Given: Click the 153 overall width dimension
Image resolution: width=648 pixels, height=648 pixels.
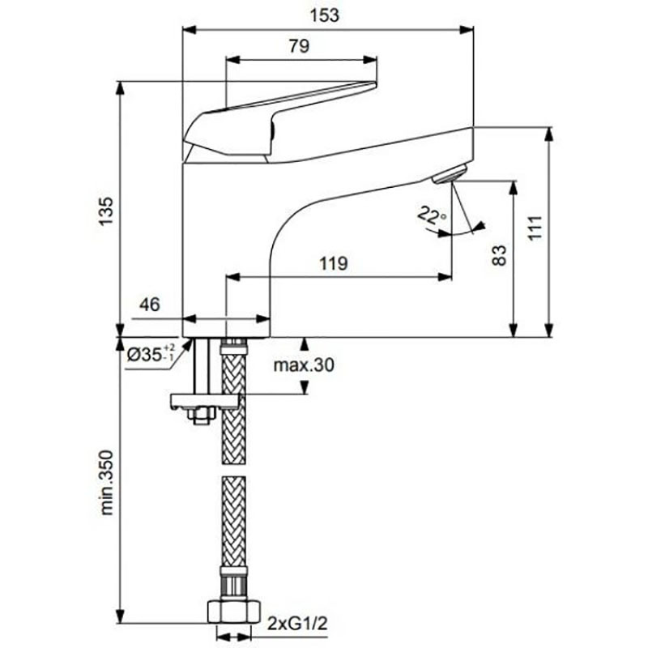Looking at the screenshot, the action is click(325, 15).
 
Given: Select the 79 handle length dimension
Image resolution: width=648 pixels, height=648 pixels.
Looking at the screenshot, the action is click(299, 46).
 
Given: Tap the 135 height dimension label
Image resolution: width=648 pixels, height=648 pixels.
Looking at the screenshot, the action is click(105, 211).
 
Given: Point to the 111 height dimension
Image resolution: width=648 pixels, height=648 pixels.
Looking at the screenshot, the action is click(535, 228).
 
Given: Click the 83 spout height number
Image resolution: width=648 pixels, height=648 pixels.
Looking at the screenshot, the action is click(499, 256).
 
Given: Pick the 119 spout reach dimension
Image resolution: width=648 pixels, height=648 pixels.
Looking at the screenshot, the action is click(334, 263).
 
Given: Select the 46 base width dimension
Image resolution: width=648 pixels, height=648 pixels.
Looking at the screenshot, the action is click(149, 305).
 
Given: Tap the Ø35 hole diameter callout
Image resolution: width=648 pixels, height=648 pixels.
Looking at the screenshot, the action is click(151, 354).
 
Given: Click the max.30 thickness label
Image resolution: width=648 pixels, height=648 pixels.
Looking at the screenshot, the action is click(304, 365).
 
